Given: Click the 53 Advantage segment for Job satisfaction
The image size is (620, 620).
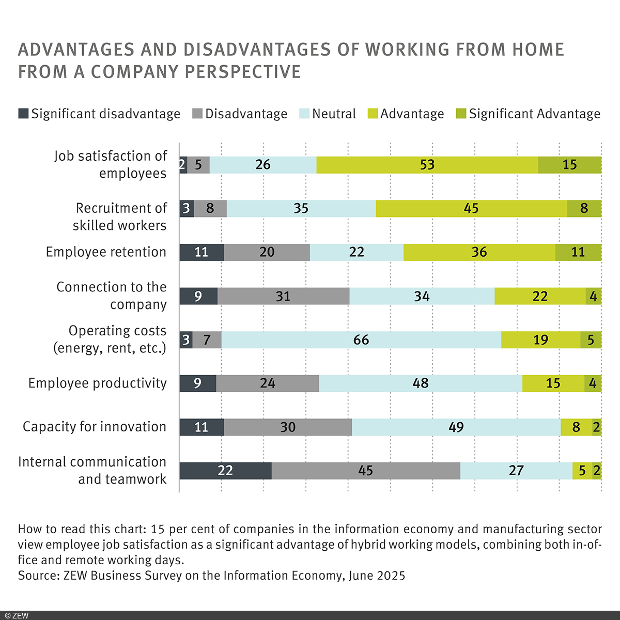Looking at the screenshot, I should [x=427, y=165].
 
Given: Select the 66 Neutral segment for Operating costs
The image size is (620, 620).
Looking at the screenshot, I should [x=361, y=340].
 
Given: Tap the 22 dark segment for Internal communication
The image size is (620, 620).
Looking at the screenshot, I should [x=225, y=471].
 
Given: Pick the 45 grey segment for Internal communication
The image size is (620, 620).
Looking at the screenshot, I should [x=365, y=471].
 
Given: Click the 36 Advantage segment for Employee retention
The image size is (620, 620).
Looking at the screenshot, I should [x=479, y=252].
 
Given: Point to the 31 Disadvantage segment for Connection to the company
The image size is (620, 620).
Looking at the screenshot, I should [x=283, y=296].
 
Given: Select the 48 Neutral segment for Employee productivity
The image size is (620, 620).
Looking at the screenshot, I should [x=421, y=383].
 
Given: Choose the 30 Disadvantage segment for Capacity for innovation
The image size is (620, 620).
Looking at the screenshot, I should [x=288, y=427].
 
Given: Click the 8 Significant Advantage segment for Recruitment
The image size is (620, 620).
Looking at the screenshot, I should [x=584, y=209].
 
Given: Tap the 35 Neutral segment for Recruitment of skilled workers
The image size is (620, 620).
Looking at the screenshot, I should [x=301, y=209].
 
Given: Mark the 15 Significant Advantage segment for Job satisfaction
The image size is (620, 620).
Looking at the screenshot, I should [x=569, y=165].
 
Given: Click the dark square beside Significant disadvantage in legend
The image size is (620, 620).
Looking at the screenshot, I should [x=23, y=114].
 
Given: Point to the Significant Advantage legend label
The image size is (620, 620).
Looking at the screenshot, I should [x=534, y=114].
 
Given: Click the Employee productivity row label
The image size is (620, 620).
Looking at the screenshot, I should [x=98, y=383].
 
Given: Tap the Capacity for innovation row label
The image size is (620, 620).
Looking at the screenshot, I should [x=95, y=427].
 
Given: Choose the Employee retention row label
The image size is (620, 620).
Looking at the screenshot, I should [x=106, y=252].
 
